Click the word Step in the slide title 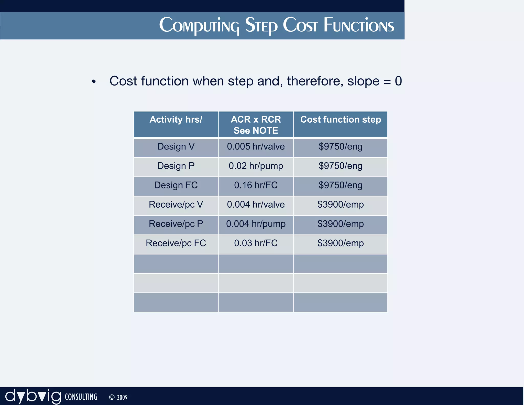click(x=261, y=26)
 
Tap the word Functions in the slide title click(x=359, y=26)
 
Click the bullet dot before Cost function click(x=94, y=82)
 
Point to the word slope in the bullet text click(x=363, y=81)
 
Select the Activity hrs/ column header click(x=176, y=120)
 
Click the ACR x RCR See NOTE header click(x=256, y=125)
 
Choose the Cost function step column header click(x=340, y=120)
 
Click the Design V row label click(x=176, y=147)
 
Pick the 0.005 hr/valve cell click(x=256, y=147)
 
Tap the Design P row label click(x=176, y=166)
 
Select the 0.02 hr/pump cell click(x=256, y=166)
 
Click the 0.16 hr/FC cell click(x=256, y=185)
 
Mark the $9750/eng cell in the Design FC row click(x=340, y=185)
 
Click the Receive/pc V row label click(x=176, y=205)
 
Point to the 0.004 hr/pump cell click(x=256, y=224)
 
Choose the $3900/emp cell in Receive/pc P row click(x=340, y=224)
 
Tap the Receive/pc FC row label click(x=176, y=243)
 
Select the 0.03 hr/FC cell click(x=256, y=243)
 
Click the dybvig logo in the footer click(x=33, y=396)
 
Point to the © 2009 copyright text click(x=118, y=397)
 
